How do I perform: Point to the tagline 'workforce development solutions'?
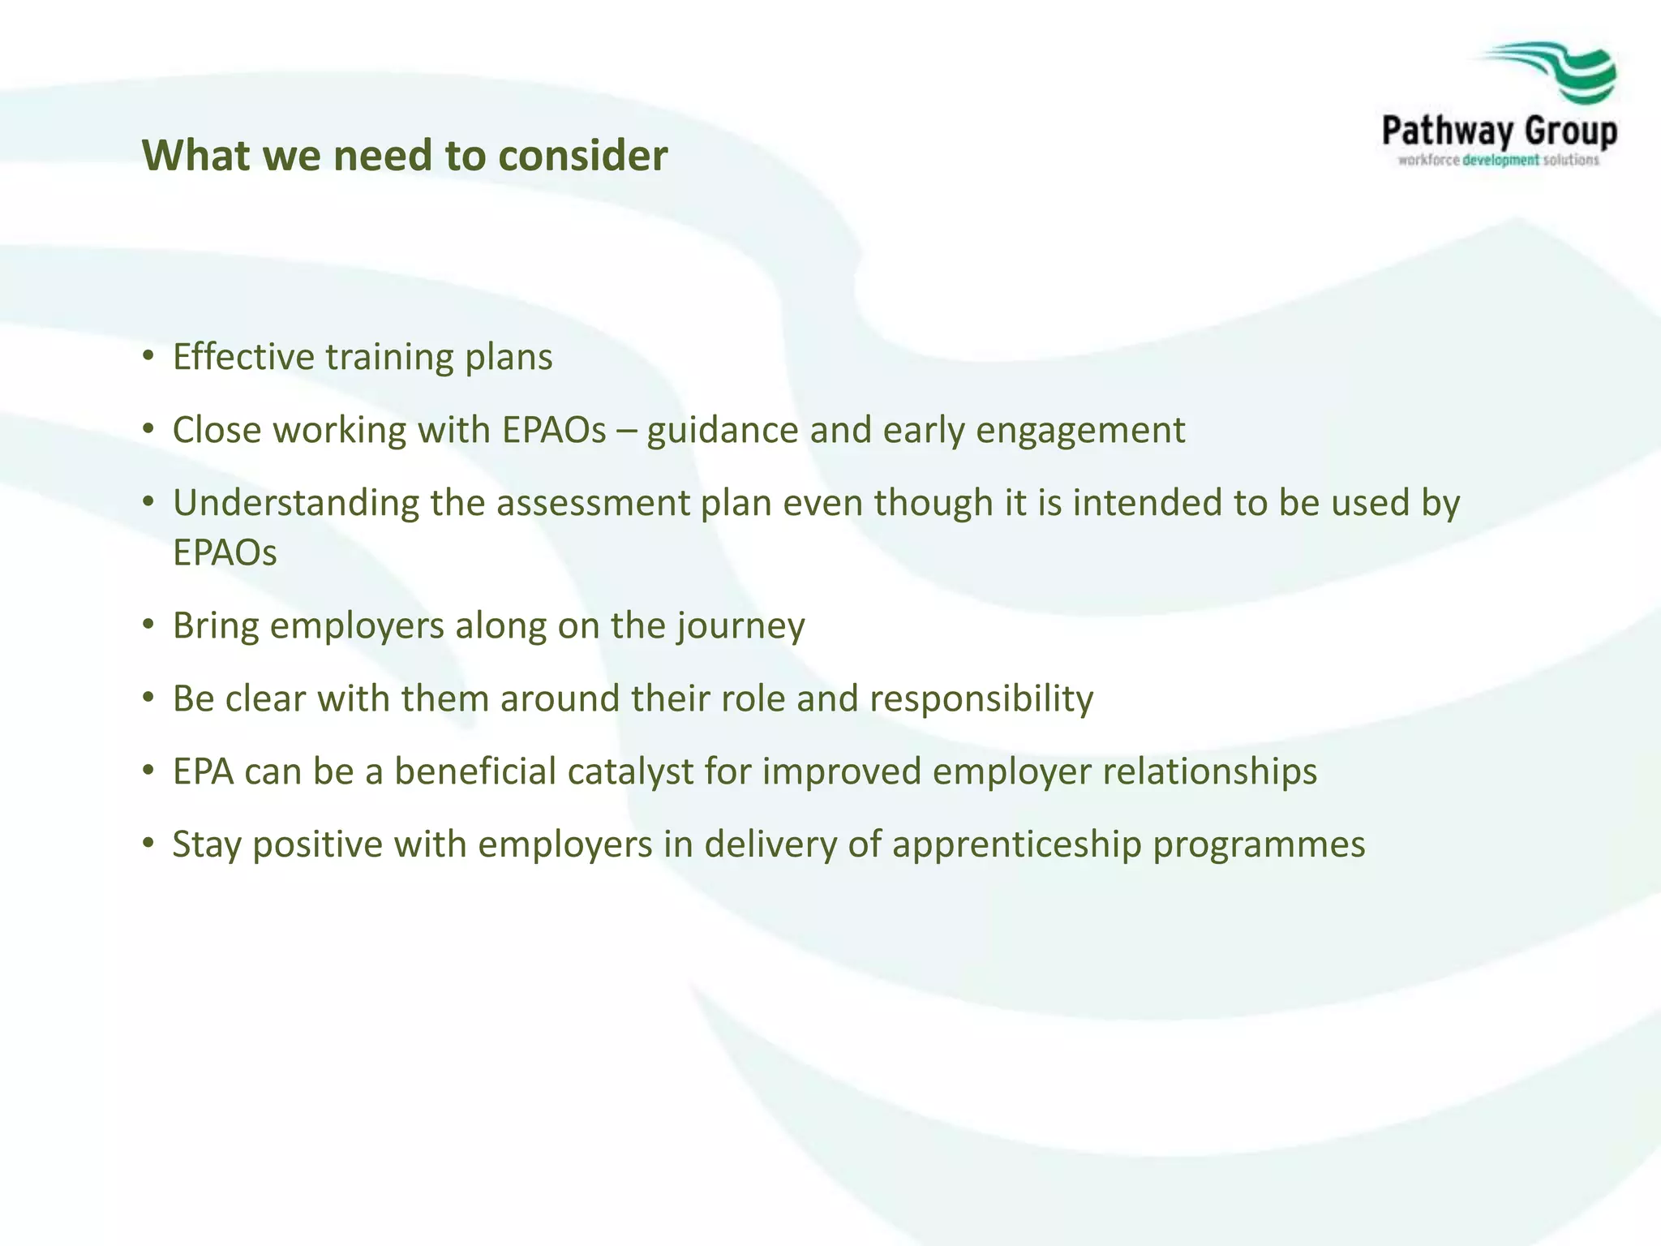click(1499, 161)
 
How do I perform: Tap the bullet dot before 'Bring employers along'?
click(148, 624)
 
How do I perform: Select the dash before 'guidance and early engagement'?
click(626, 431)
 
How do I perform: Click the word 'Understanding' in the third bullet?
click(295, 504)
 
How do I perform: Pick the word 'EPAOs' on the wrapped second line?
click(225, 553)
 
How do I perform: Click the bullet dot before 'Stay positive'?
click(148, 843)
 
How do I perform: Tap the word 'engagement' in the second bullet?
click(1080, 431)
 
